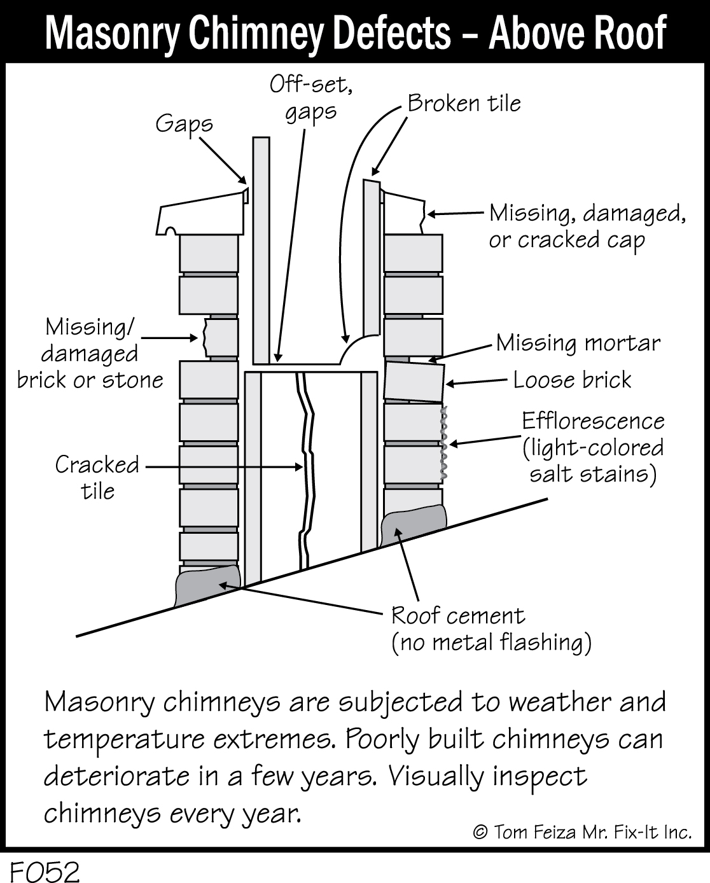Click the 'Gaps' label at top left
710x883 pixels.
coord(184,123)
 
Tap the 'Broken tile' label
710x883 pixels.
coord(464,103)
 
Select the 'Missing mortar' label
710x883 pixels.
coord(578,343)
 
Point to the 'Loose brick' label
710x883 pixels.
coord(572,380)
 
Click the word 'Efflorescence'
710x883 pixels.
coord(593,421)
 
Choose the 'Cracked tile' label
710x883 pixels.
coord(97,477)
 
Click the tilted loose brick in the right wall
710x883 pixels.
coord(414,382)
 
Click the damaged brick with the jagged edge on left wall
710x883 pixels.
coord(220,337)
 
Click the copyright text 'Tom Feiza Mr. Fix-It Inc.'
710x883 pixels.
coord(581,832)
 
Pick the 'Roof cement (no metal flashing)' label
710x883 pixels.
coord(491,629)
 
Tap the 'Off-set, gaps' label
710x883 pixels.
coord(311,98)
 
